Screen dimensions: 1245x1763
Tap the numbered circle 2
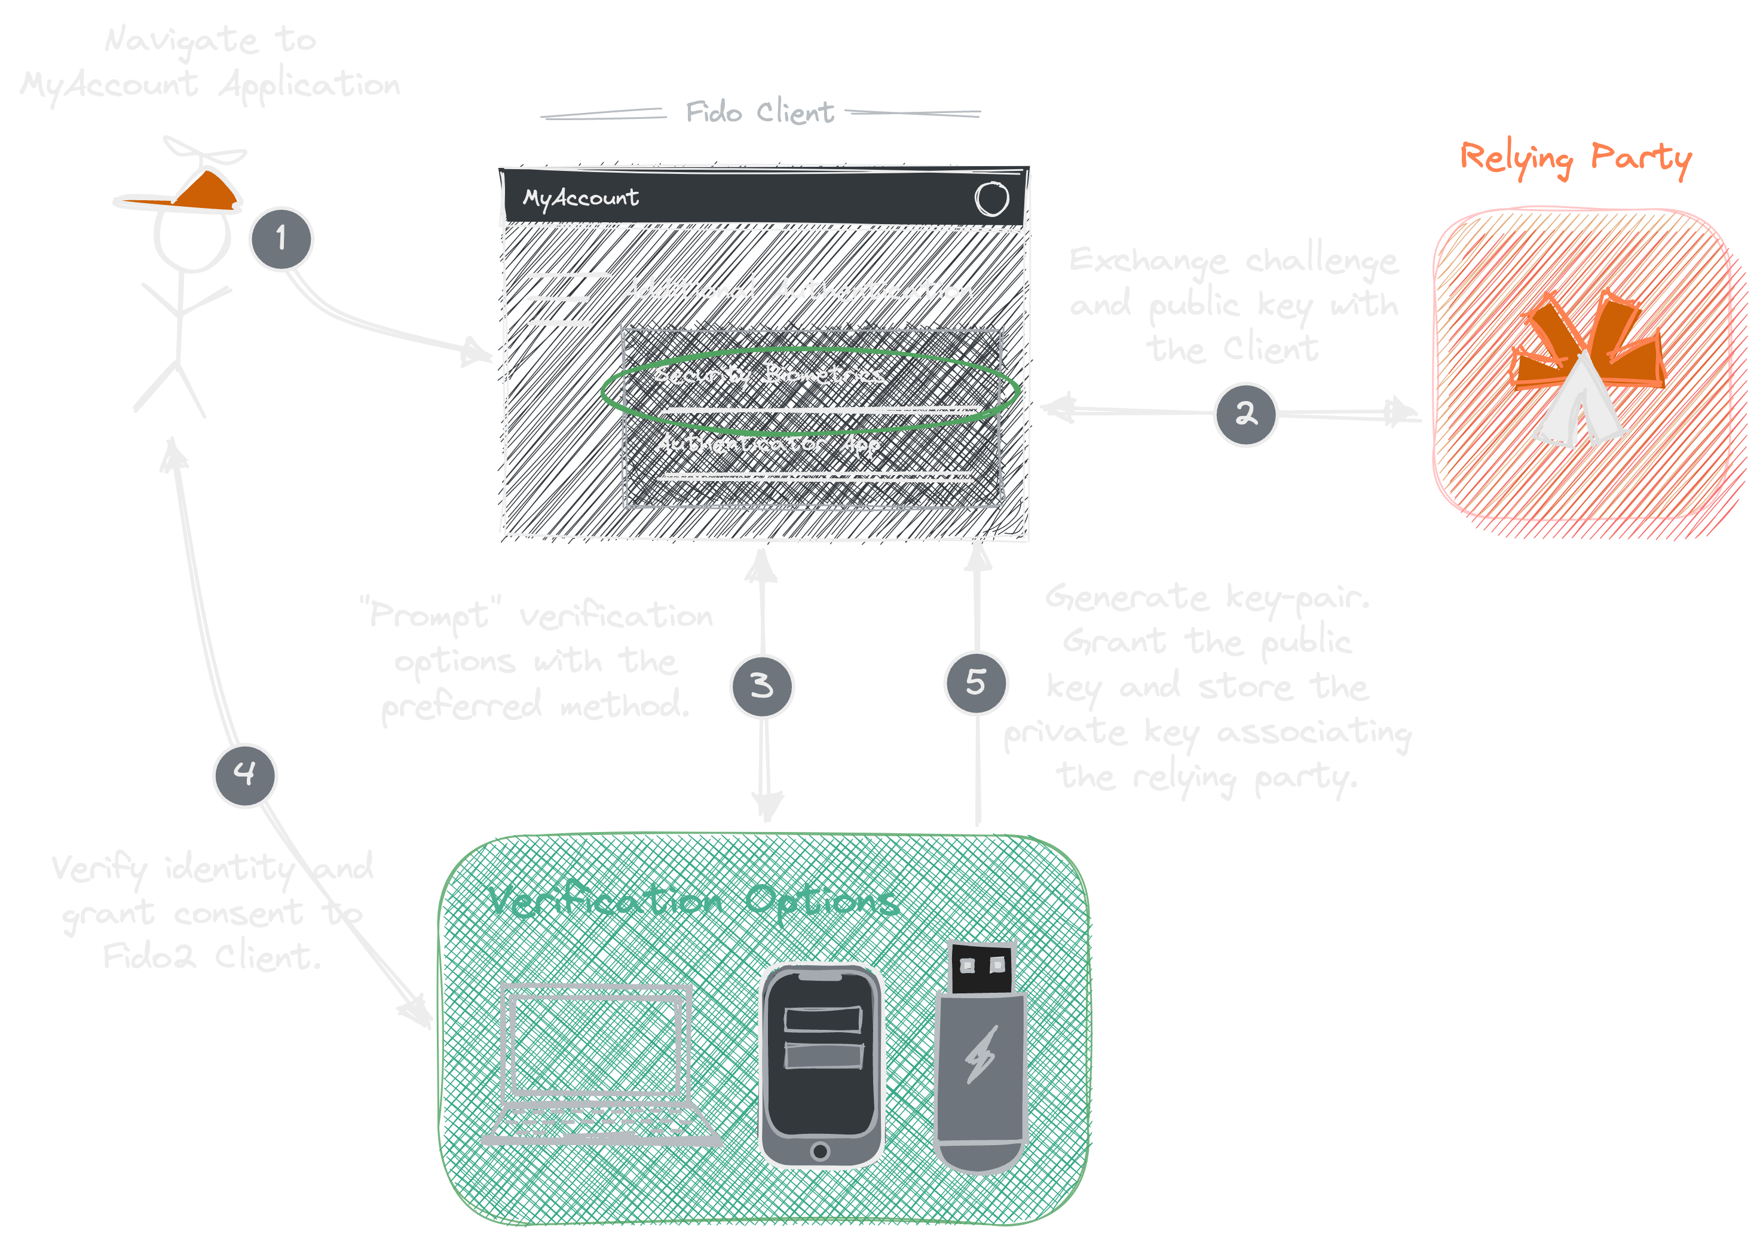click(1245, 414)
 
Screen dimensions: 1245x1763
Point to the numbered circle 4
click(244, 774)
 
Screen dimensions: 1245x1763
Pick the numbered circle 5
click(975, 682)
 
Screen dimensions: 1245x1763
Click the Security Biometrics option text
click(769, 375)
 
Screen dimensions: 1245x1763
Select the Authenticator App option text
click(766, 444)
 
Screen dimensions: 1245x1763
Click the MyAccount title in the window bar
click(580, 198)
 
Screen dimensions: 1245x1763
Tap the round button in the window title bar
click(991, 199)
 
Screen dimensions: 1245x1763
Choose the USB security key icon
click(981, 1060)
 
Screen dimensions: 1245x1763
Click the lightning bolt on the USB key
click(981, 1054)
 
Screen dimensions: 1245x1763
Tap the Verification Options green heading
click(693, 900)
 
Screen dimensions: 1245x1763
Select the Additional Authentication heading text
click(796, 290)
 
